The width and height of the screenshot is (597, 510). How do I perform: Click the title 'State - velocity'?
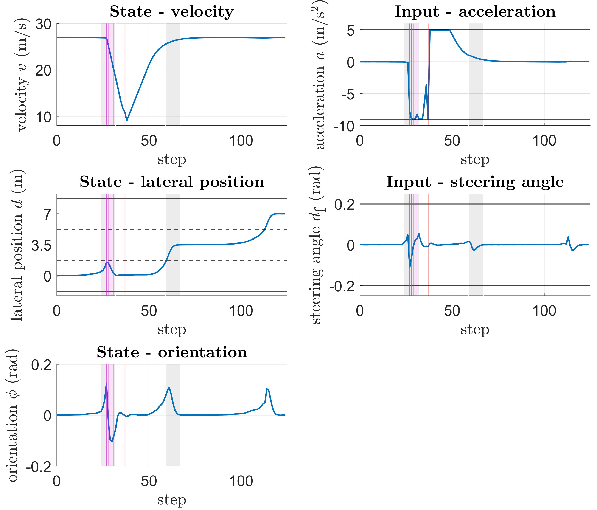(171, 12)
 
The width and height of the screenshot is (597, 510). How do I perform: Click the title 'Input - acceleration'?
(475, 12)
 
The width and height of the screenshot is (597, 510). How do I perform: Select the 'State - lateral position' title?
(172, 182)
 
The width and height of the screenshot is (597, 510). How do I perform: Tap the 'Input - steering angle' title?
(475, 182)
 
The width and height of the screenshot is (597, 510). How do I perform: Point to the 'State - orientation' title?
(172, 352)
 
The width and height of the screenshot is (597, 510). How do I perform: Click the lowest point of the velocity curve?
(127, 121)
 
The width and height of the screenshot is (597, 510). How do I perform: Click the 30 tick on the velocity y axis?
(43, 24)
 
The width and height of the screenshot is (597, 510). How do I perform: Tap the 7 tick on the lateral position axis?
(48, 214)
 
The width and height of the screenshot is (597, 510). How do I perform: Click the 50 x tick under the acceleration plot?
(452, 141)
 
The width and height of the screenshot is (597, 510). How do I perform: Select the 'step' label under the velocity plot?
(172, 159)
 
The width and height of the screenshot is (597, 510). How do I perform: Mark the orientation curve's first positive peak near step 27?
(106, 384)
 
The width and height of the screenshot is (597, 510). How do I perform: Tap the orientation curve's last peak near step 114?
(267, 389)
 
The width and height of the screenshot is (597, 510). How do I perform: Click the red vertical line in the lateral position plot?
(125, 245)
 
